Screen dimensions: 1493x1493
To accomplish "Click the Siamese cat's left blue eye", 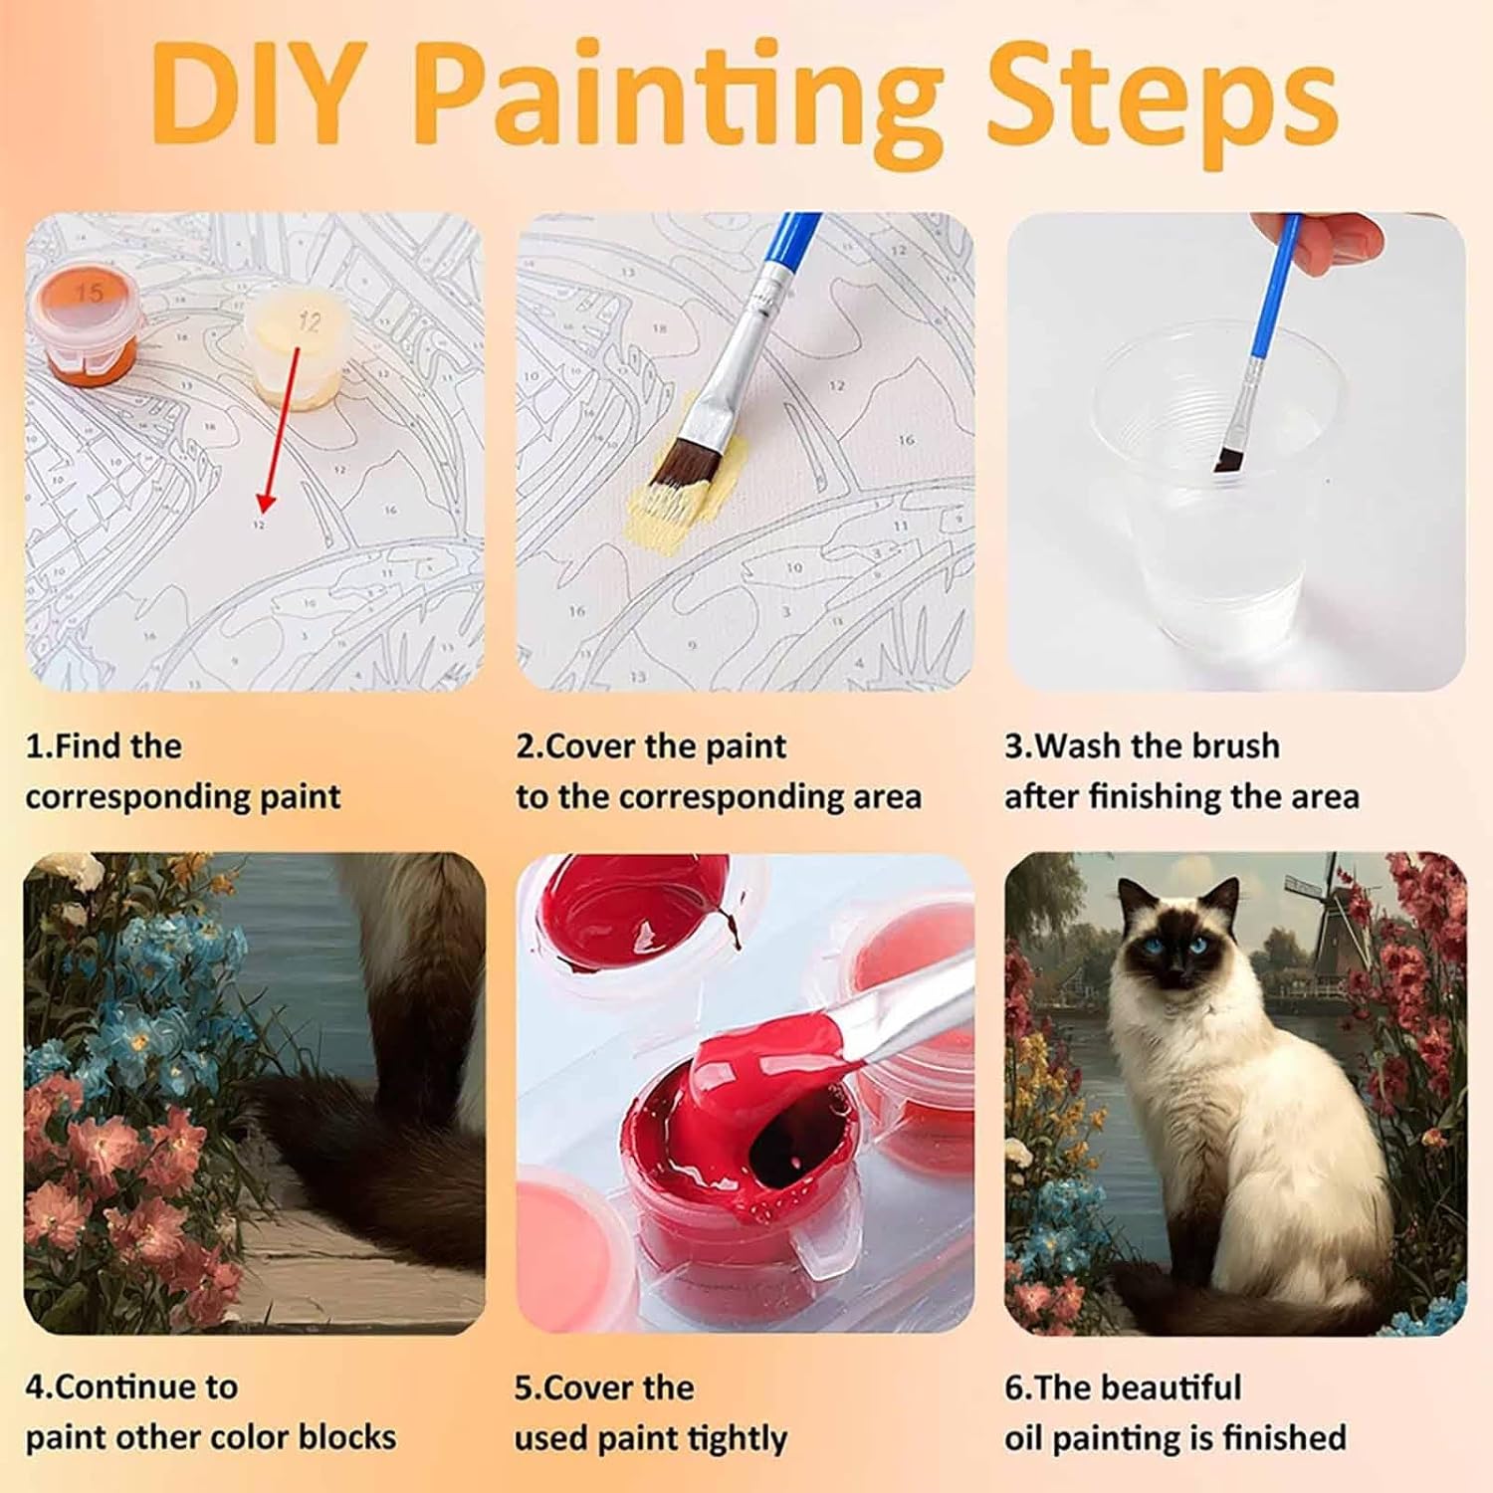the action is pyautogui.click(x=1152, y=944).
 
